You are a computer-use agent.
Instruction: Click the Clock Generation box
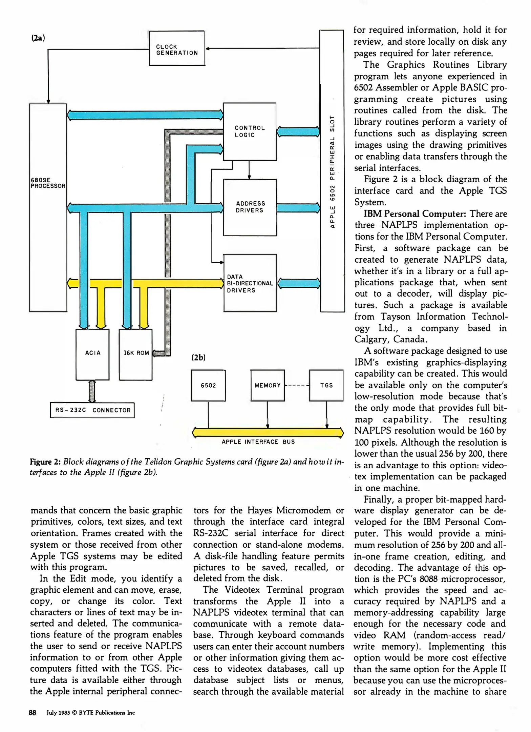[177, 48]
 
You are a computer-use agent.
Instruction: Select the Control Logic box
[250, 131]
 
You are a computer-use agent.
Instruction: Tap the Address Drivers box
[250, 207]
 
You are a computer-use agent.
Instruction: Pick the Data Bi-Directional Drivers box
[250, 283]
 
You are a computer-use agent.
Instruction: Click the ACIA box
[92, 354]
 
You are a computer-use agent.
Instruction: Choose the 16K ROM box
[135, 354]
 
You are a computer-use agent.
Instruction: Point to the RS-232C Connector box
[92, 410]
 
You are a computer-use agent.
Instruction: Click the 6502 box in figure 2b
[208, 385]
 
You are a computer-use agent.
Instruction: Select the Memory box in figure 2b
[268, 385]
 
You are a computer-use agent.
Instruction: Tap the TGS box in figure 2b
[326, 385]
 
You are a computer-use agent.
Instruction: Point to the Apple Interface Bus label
[258, 442]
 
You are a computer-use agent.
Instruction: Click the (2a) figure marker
[38, 38]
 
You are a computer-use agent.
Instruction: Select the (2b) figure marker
[198, 358]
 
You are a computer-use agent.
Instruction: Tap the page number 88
[33, 713]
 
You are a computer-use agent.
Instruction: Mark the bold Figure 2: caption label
[45, 462]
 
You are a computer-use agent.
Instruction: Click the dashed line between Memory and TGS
[297, 385]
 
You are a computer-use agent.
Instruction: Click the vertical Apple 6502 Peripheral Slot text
[333, 171]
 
